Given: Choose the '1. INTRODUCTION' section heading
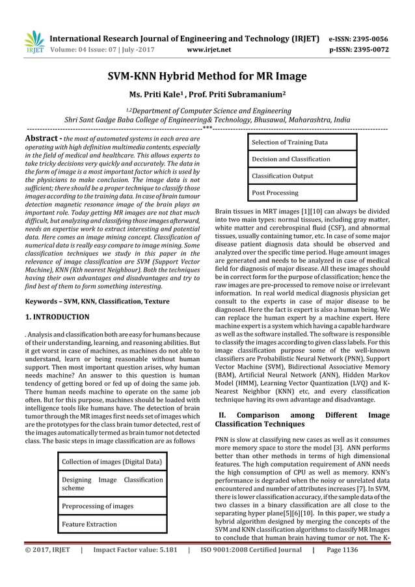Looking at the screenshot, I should pos(57,317).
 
